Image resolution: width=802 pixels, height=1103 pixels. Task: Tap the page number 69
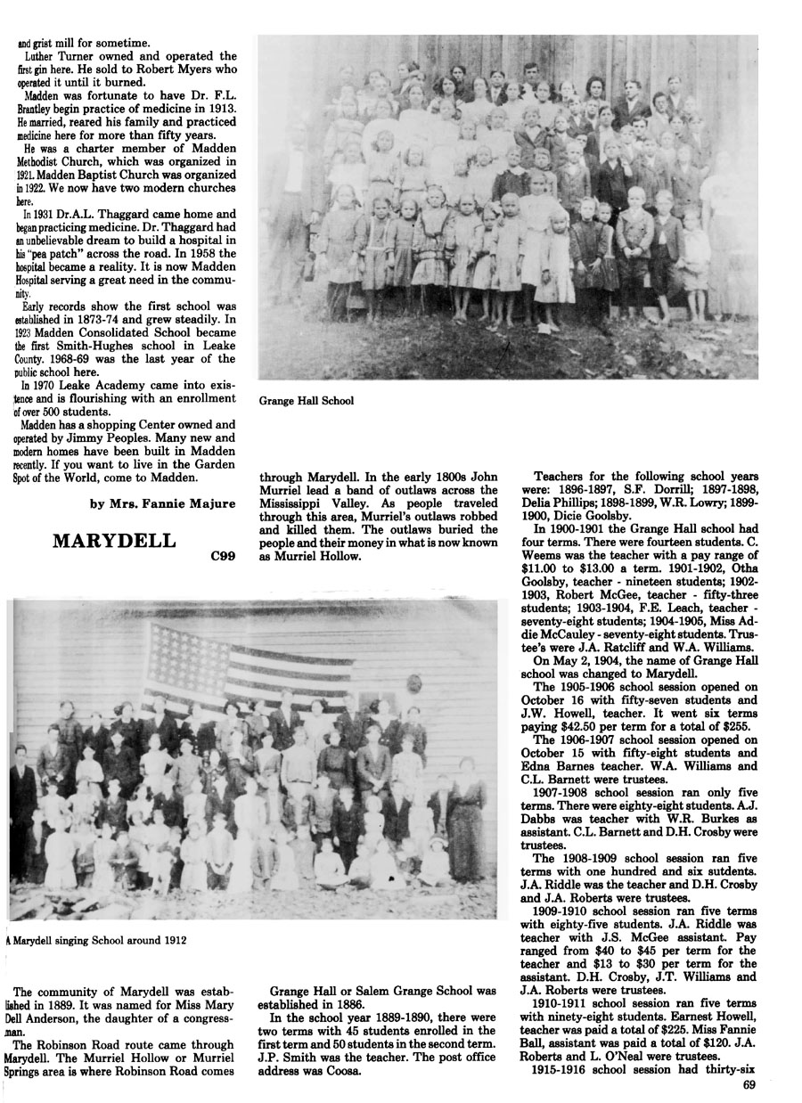pyautogui.click(x=749, y=1085)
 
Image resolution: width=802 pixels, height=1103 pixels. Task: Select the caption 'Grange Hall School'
pyautogui.click(x=306, y=401)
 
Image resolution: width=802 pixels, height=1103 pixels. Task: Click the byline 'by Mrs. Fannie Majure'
pyautogui.click(x=163, y=503)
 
